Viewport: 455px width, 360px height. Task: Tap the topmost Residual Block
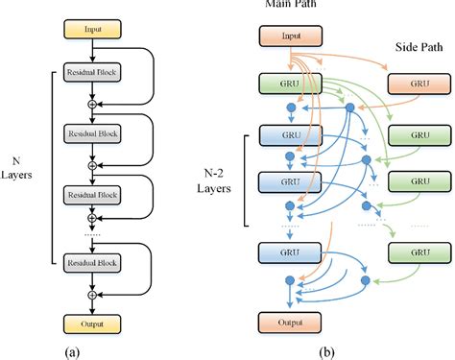pyautogui.click(x=89, y=74)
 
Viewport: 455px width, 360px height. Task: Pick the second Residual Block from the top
pyautogui.click(x=89, y=134)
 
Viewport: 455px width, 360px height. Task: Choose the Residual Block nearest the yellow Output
pyautogui.click(x=89, y=261)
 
